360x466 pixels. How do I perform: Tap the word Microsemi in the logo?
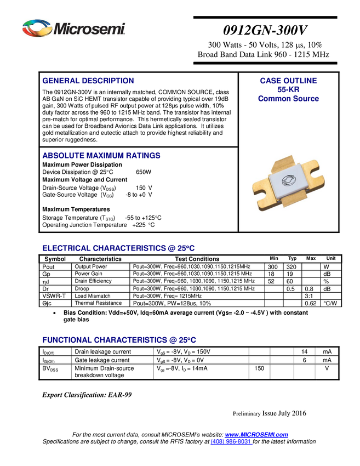[89, 29]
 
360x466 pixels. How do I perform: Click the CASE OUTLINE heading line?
[288, 81]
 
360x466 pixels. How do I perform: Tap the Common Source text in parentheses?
[289, 99]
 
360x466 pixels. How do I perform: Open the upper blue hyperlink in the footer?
[258, 435]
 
